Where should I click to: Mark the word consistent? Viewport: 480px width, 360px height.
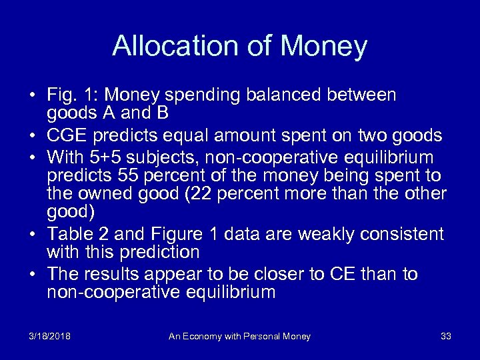click(405, 234)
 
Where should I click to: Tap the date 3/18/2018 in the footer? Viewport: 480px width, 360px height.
click(50, 337)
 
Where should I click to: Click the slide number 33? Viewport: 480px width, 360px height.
click(446, 337)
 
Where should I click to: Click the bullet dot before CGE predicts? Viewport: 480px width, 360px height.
click(33, 137)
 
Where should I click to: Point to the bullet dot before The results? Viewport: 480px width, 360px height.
click(33, 275)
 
